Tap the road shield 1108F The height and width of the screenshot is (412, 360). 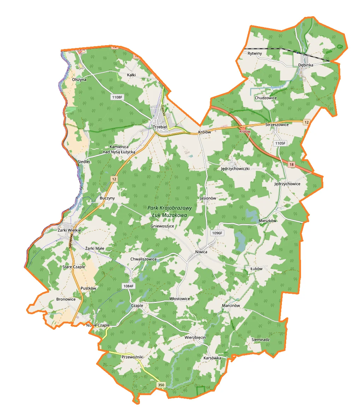click(118, 97)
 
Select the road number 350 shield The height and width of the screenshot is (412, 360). click(161, 385)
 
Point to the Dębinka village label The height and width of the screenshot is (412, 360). click(306, 65)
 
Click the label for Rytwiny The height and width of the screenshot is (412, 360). click(255, 53)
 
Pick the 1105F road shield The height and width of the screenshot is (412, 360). click(280, 143)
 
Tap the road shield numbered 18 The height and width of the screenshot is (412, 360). click(291, 165)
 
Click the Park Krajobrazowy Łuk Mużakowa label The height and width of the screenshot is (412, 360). click(170, 211)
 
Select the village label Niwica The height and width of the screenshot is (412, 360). click(201, 252)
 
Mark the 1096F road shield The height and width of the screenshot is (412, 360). click(217, 233)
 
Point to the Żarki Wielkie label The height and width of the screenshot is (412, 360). click(69, 230)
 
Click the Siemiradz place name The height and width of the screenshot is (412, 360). click(261, 340)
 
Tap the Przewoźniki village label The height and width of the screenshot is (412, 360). click(132, 357)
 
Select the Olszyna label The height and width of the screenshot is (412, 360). click(79, 80)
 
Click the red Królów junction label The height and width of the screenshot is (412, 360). click(244, 132)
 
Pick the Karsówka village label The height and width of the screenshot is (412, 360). click(212, 358)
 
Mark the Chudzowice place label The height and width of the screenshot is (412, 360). click(266, 98)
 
